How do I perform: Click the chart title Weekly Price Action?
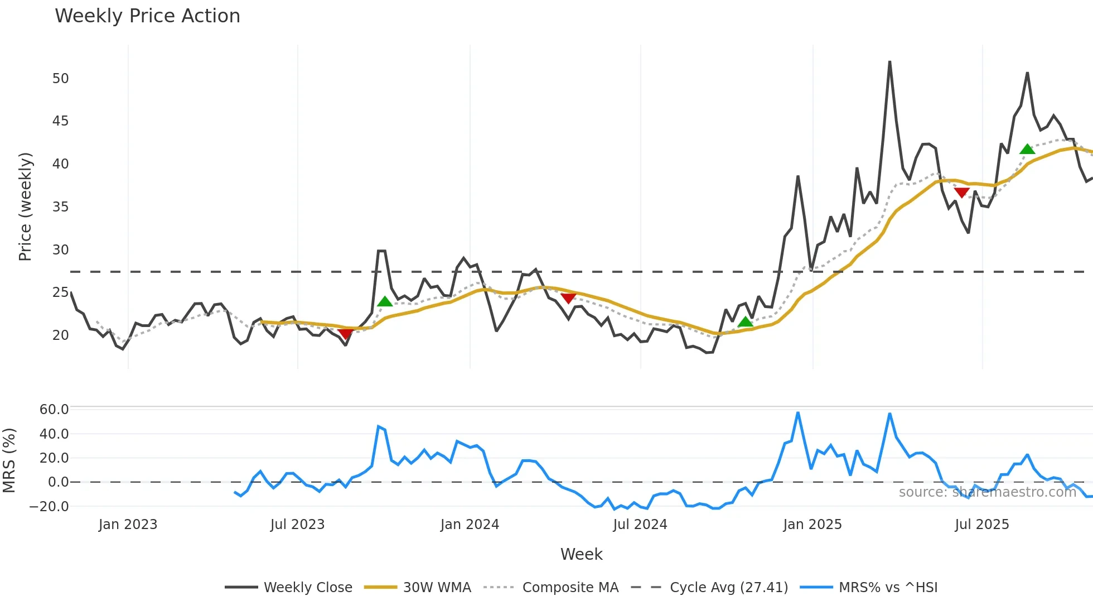coord(147,16)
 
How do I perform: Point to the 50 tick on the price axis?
coord(61,79)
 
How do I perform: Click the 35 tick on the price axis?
coord(61,207)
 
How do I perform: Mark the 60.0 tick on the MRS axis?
coord(54,410)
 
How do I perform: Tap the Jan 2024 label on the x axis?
coord(470,525)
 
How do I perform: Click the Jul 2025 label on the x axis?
coord(981,525)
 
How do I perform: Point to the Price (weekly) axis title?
coord(25,206)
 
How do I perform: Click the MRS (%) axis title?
coord(9,460)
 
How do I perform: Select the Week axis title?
coord(581,554)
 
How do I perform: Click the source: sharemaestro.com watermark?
coord(987,492)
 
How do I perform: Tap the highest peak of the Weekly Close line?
coord(889,61)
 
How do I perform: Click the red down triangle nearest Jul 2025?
coord(961,193)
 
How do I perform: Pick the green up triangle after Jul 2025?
coord(1027,149)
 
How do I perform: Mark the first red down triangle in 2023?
coord(345,334)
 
